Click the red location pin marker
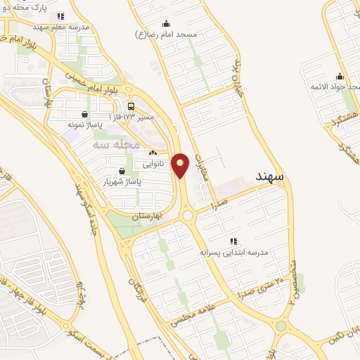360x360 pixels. [181, 165]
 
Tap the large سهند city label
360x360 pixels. [270, 176]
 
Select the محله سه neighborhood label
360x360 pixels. [112, 143]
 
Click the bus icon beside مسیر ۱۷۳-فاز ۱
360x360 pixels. [131, 108]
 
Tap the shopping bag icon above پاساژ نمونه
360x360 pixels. [85, 114]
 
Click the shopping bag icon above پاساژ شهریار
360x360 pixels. [122, 171]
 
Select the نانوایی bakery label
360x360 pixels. [153, 164]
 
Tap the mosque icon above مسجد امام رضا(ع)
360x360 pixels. [165, 23]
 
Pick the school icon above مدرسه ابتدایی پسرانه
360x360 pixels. [233, 240]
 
